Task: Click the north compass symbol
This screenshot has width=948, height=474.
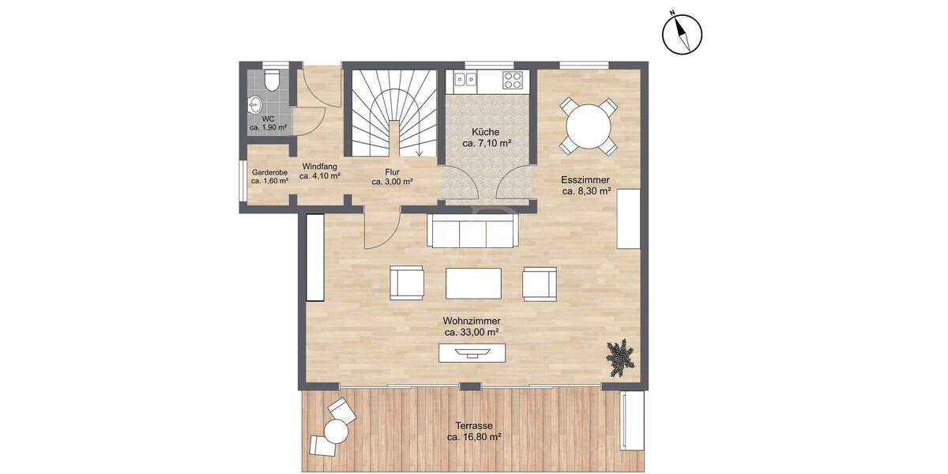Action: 682,35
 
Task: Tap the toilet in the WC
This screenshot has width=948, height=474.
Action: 271,81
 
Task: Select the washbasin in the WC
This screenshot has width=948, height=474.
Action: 255,103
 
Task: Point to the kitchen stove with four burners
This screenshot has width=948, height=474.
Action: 512,80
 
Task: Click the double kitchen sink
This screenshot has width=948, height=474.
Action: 464,79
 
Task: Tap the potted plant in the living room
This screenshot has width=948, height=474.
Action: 621,356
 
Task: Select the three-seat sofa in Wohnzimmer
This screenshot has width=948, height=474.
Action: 472,231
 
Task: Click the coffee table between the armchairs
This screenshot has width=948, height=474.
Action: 473,283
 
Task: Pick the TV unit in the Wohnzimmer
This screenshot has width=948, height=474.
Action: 473,353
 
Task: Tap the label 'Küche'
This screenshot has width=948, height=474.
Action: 486,132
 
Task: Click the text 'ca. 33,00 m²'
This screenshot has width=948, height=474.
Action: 472,333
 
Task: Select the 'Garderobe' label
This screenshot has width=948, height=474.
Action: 269,171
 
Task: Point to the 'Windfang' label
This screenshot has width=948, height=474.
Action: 319,167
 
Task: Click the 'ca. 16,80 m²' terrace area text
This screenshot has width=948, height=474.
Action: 474,436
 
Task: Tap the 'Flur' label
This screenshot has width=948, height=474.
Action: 393,171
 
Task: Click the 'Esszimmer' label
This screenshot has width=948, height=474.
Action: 585,179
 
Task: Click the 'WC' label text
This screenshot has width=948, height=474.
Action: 267,118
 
